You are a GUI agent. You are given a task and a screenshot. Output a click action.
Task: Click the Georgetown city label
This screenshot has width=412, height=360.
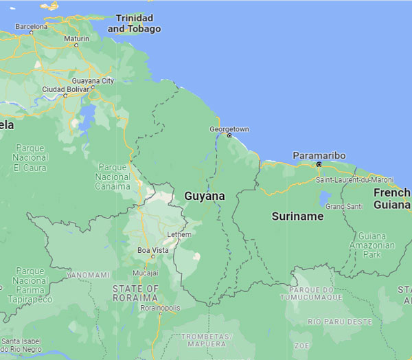click(229, 129)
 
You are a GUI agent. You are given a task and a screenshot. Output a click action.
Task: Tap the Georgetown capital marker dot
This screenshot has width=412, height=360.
click(229, 135)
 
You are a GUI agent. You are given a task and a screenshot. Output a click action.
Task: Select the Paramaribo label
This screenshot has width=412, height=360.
click(319, 156)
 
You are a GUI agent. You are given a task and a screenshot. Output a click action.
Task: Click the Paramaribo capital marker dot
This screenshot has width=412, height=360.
click(319, 164)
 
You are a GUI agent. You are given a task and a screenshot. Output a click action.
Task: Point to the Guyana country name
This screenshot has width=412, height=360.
click(204, 196)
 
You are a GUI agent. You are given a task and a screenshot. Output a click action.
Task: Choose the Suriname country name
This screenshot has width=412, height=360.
click(297, 216)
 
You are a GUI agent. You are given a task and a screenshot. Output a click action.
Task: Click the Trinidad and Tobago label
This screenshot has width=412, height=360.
click(135, 23)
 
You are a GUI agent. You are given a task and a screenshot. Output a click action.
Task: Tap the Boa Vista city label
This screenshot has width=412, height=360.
click(152, 250)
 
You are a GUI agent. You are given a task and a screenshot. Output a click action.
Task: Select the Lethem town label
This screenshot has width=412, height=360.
click(179, 234)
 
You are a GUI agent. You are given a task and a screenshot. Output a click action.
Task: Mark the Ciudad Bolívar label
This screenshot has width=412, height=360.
click(66, 89)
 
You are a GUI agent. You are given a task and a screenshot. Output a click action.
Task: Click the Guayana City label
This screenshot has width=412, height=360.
click(93, 80)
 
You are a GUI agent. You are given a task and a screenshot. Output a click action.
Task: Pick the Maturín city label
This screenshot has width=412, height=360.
click(76, 38)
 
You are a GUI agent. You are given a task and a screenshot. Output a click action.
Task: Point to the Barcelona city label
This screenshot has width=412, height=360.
click(31, 27)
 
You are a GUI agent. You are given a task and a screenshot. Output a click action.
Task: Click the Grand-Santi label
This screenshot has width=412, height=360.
click(344, 206)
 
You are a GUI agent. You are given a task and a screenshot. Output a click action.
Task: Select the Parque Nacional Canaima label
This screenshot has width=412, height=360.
click(114, 177)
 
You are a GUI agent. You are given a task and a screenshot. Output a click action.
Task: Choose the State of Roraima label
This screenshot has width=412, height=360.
click(135, 293)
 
